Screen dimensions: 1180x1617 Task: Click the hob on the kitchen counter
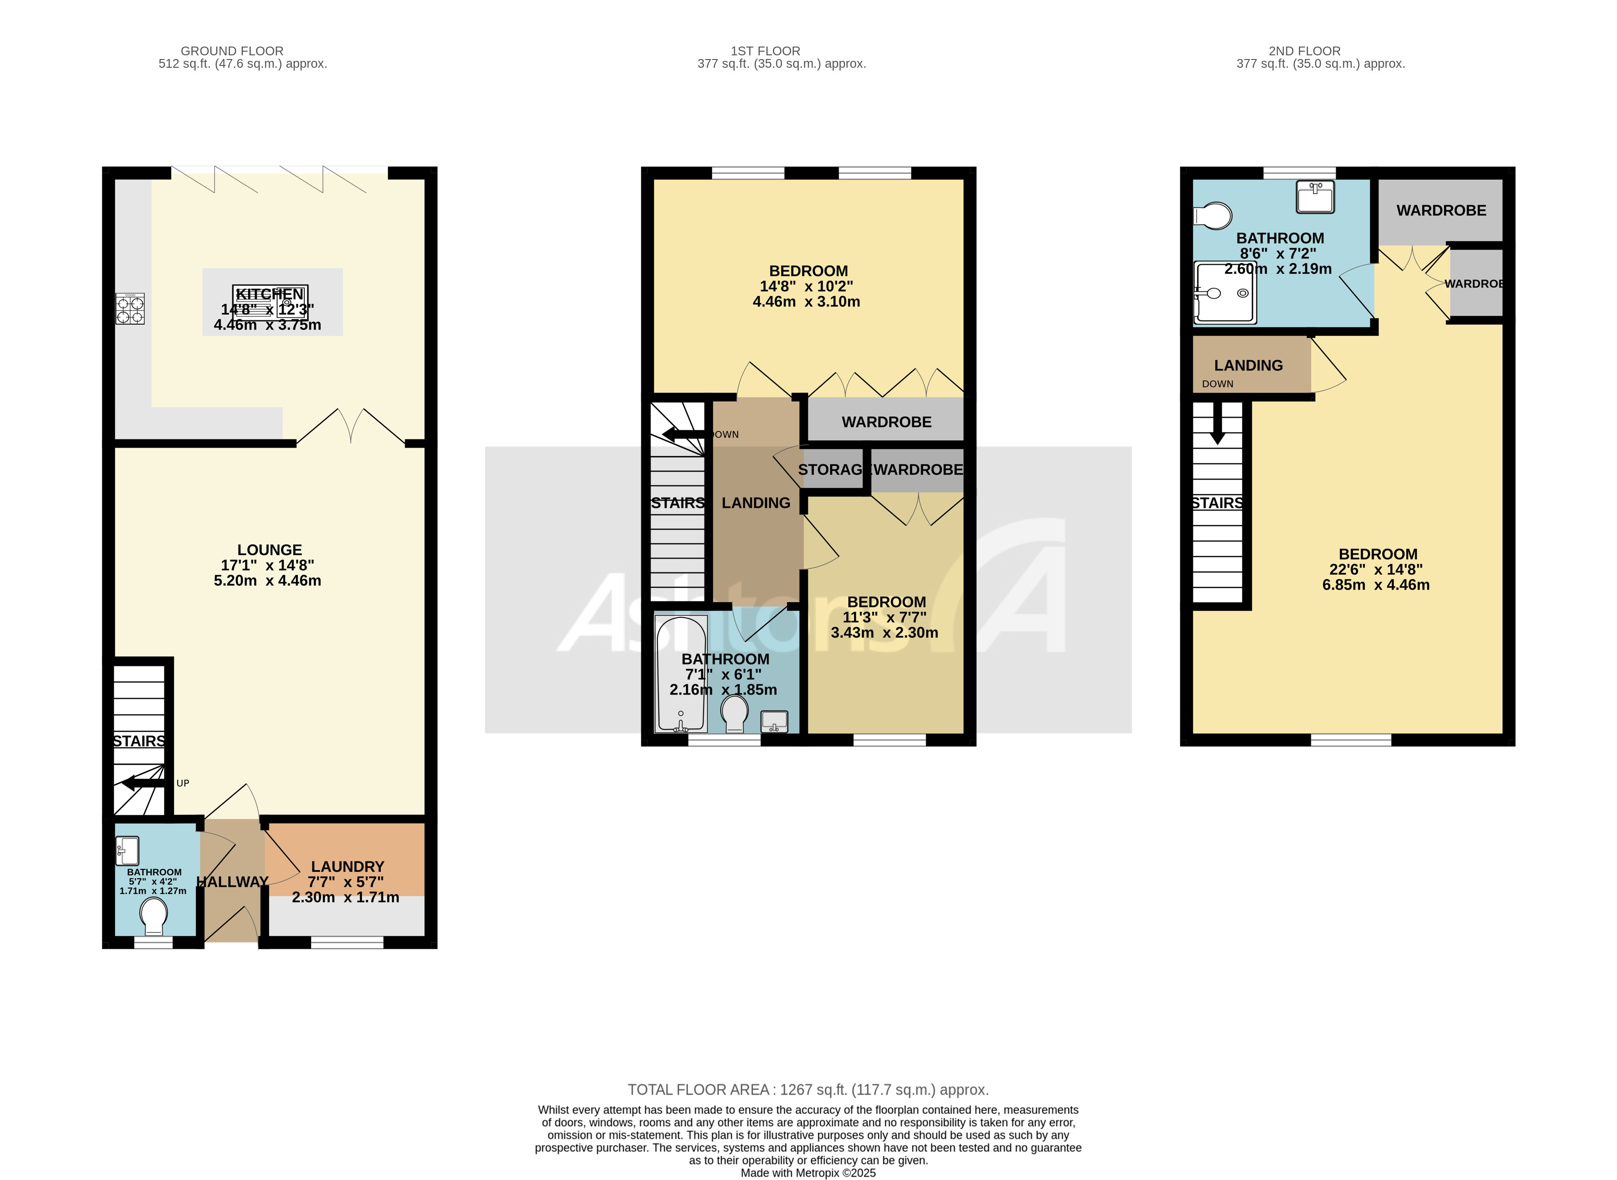[x=130, y=308]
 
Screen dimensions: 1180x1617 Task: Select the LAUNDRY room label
[x=347, y=866]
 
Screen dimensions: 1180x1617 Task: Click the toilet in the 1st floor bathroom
[x=735, y=713]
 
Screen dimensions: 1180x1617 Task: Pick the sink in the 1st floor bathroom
[x=774, y=722]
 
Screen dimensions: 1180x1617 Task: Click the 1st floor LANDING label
[x=756, y=503]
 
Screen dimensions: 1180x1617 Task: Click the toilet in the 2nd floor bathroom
[x=1214, y=216]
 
